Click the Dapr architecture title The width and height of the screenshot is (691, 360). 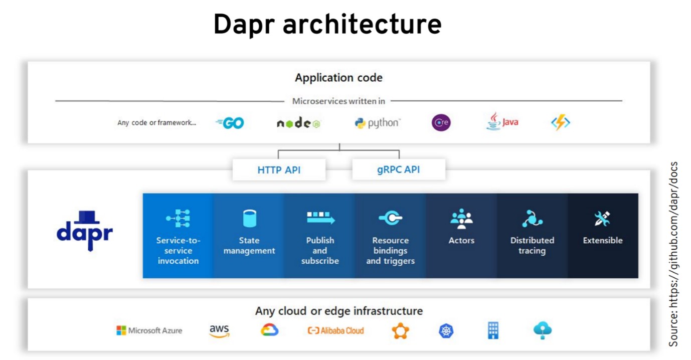coord(327,25)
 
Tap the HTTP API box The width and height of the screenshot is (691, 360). coord(279,170)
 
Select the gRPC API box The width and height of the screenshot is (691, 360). coord(398,170)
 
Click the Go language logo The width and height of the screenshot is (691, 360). coord(230,123)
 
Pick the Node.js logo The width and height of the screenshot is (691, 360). coord(298,123)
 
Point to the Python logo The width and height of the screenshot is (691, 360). coord(377,123)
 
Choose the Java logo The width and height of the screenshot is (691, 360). coord(502,122)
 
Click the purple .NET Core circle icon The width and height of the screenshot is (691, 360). coord(441,123)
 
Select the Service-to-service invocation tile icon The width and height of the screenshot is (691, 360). coord(178,219)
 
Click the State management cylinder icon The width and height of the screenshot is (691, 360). coord(249,219)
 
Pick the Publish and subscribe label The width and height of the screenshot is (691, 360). coord(320,251)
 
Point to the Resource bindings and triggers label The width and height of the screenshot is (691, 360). coord(391,251)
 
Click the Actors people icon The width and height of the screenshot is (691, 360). coord(461,219)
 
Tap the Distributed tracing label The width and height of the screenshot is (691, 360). coord(532,245)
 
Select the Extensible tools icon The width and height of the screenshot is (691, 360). coord(602,219)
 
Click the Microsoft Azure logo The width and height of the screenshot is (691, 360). coord(149,330)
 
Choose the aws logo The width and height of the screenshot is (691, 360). coord(219,330)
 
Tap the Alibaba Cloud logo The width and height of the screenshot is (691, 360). coord(335,330)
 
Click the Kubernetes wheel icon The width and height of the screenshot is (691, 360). coord(446,330)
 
